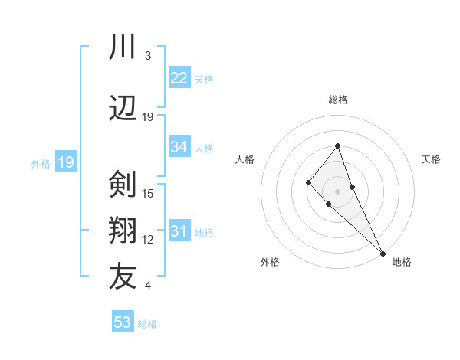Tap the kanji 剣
click(123, 184)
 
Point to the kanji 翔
click(123, 230)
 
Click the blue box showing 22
click(179, 78)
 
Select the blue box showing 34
click(179, 147)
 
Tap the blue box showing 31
click(179, 231)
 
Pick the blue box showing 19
click(65, 162)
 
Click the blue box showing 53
click(123, 322)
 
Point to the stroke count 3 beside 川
click(147, 56)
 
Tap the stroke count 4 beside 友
click(147, 286)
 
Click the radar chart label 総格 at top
click(337, 100)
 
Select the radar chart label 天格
click(431, 159)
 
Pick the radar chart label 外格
click(270, 262)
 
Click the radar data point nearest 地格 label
click(383, 253)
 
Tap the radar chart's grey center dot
click(337, 191)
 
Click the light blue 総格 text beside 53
click(147, 324)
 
